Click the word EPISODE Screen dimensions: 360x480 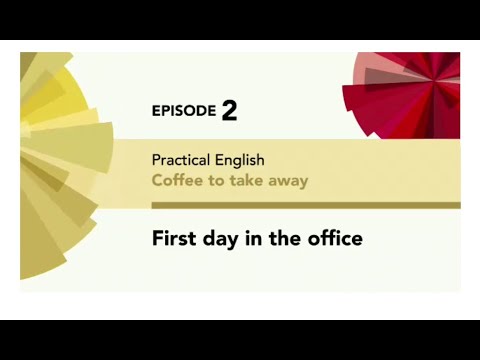coord(183,111)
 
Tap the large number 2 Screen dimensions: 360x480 coord(230,110)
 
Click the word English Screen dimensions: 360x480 coord(238,160)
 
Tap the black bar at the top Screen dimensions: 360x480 coord(240,20)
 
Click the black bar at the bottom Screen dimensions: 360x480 coord(240,340)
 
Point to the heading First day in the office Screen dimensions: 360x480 coord(256,239)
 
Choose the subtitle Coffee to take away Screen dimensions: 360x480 coord(229,181)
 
